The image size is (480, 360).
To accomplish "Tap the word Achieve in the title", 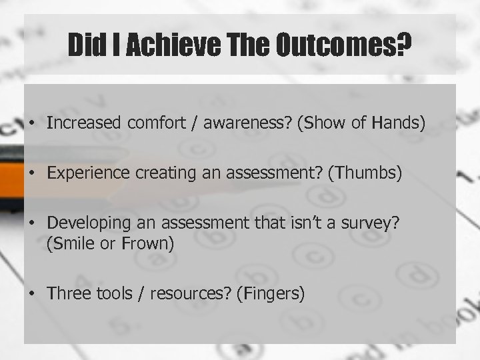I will [x=167, y=45].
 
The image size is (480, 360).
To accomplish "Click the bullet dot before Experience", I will [x=33, y=175].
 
